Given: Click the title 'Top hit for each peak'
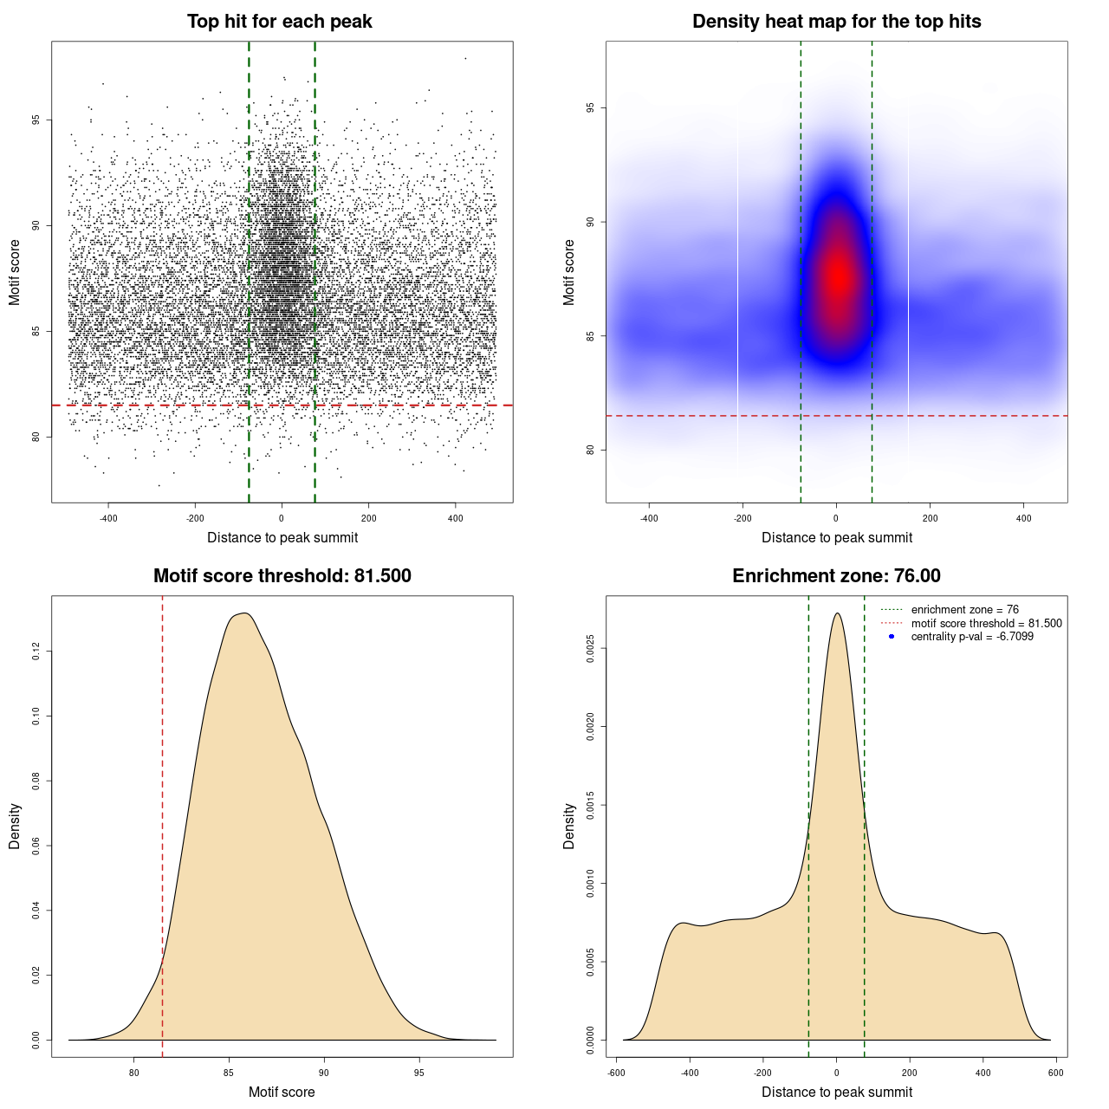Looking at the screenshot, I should tap(280, 22).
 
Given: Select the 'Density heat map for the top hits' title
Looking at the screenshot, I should tap(836, 22).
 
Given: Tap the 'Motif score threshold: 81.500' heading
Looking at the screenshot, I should tap(282, 576).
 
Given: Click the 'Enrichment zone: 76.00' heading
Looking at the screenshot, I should tap(836, 576).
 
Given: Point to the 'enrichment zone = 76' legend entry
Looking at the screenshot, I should tap(964, 610).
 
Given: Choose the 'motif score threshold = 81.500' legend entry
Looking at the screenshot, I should tap(986, 623).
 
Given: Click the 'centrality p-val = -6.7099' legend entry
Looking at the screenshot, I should tap(972, 637).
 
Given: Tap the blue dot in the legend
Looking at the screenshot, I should tap(892, 637).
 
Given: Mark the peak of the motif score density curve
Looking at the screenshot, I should tap(245, 613).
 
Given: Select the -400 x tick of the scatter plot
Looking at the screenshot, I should tap(108, 518).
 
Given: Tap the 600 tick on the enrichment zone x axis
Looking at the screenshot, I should tap(1055, 1073).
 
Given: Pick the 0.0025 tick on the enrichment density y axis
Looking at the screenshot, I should tap(591, 648).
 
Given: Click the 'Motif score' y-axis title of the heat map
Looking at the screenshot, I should tap(569, 272).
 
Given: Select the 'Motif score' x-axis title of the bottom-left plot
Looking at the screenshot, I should tap(282, 1092).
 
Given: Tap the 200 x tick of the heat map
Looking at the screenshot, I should tap(930, 518).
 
